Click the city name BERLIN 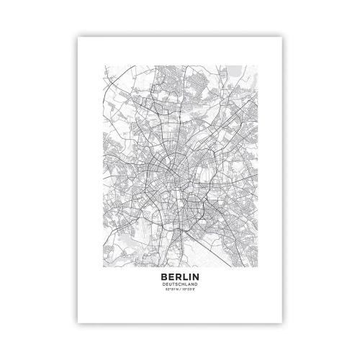[x=180, y=276]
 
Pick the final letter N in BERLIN [x=197, y=276]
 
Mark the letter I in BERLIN [x=190, y=276]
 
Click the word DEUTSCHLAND [x=180, y=284]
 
